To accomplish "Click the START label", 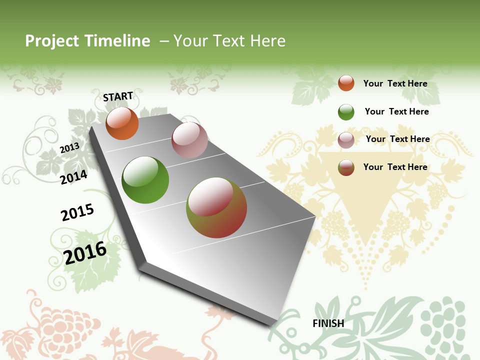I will [118, 96].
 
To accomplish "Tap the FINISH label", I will [328, 323].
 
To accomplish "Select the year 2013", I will [70, 147].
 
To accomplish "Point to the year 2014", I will [74, 177].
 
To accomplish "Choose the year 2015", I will [77, 212].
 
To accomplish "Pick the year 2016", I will [85, 252].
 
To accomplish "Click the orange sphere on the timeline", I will [122, 123].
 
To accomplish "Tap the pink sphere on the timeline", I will [189, 140].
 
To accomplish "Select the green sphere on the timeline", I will [145, 180].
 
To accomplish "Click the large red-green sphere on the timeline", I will [216, 207].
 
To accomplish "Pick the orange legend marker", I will [346, 83].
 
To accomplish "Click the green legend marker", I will [346, 112].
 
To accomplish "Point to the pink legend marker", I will [346, 140].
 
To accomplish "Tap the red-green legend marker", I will [346, 167].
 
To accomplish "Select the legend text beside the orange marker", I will [395, 83].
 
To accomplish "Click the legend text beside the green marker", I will [396, 111].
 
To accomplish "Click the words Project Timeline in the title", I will [87, 41].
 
